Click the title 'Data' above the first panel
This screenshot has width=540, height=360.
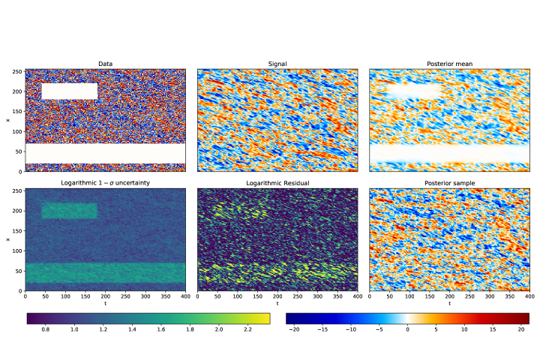[106, 64]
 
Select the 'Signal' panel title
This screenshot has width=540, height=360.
[277, 64]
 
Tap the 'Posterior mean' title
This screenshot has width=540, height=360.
[449, 64]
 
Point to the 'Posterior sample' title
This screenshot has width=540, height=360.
[449, 183]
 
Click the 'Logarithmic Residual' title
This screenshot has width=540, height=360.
[277, 183]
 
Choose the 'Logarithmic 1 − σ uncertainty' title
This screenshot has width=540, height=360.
[106, 183]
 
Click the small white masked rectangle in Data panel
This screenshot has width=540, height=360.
[70, 91]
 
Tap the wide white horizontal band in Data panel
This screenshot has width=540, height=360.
[106, 153]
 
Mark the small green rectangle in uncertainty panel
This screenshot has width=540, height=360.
[70, 211]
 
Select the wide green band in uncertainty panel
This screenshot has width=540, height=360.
[106, 273]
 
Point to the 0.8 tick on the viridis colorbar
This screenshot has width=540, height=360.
[45, 329]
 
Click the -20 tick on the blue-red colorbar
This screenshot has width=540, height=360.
[293, 329]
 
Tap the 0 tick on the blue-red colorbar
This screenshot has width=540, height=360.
[408, 329]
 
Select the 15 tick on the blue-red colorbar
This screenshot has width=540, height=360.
[493, 329]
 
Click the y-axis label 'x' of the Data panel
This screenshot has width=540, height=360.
[8, 120]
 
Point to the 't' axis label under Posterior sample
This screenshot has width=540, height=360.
[449, 304]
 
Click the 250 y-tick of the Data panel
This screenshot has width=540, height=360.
[18, 72]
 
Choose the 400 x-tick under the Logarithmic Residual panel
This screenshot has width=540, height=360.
[358, 297]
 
